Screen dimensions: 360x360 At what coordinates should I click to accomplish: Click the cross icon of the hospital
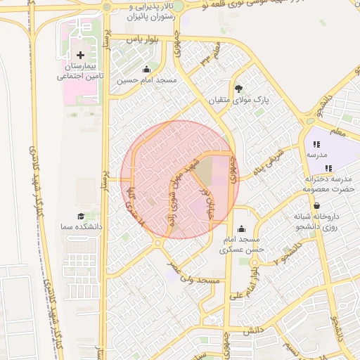(80, 55)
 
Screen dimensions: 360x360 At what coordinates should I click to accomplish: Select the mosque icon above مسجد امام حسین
(146, 70)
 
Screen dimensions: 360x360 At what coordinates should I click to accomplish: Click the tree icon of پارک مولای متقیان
(239, 89)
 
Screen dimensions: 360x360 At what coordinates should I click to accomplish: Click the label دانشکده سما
(82, 228)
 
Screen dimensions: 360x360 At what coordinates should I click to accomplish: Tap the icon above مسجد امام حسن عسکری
(242, 229)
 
